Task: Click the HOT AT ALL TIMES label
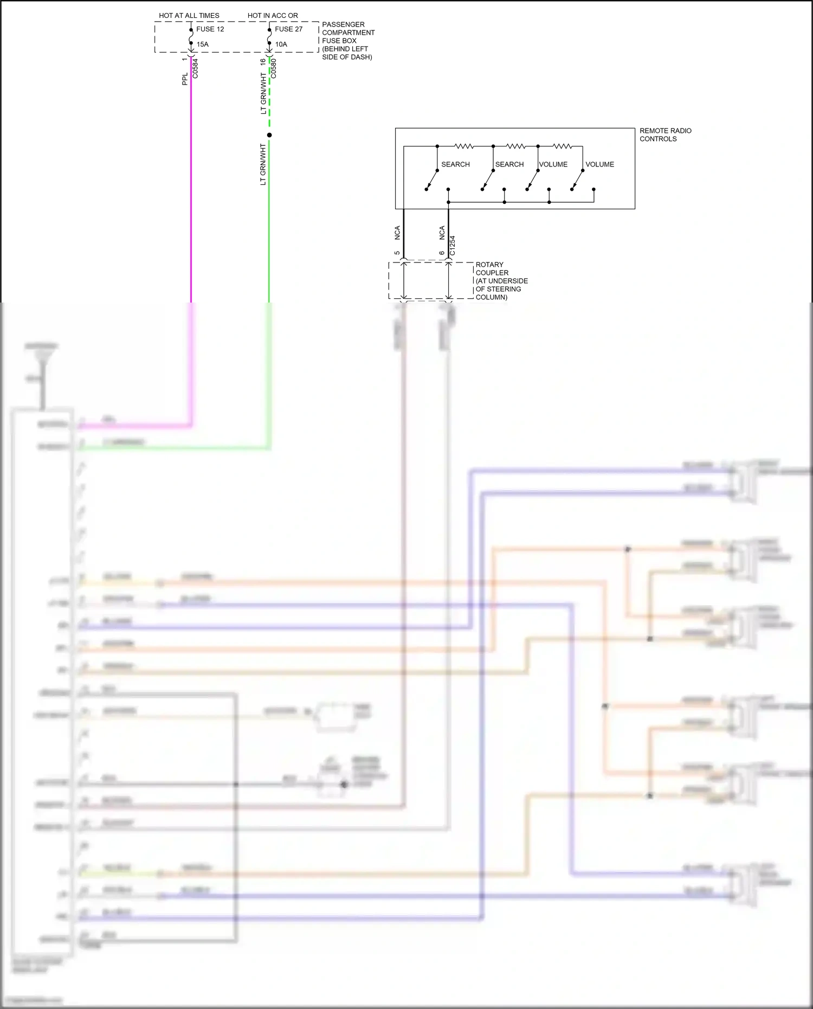click(x=189, y=16)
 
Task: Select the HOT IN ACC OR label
click(x=273, y=16)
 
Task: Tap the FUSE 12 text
click(x=210, y=29)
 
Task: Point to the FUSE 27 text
click(x=288, y=29)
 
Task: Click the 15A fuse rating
click(x=202, y=44)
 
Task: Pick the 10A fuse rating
click(x=281, y=44)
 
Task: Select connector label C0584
click(x=196, y=68)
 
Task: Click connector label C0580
click(x=274, y=68)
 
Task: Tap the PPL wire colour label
click(x=185, y=79)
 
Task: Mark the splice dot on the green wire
click(x=269, y=135)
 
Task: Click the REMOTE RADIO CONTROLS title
click(x=665, y=134)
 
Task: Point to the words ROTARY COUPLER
click(x=491, y=269)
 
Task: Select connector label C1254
click(x=453, y=245)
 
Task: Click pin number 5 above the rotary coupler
click(x=397, y=253)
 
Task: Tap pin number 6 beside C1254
click(x=442, y=253)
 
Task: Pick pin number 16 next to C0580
click(x=263, y=62)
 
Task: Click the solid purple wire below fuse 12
click(x=191, y=190)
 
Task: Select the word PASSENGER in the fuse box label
click(x=343, y=24)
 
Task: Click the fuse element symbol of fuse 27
click(x=269, y=36)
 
